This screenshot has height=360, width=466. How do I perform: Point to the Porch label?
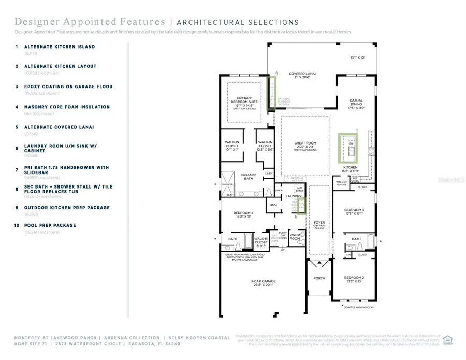[319, 278]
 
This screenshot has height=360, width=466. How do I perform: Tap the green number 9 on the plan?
[277, 74]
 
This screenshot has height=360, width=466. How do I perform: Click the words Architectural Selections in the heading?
[238, 22]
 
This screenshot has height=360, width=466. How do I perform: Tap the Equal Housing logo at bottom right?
[448, 340]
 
